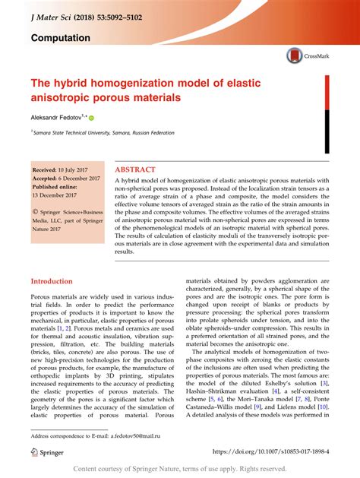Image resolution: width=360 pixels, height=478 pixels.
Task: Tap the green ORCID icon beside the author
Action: pos(92,119)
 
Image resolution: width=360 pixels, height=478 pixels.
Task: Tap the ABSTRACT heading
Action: pos(135,169)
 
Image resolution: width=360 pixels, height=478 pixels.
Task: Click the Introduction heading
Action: pos(52,280)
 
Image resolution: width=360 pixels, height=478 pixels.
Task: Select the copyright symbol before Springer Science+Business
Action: pos(34,207)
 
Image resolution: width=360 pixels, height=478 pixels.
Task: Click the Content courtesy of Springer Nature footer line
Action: pos(180,470)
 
